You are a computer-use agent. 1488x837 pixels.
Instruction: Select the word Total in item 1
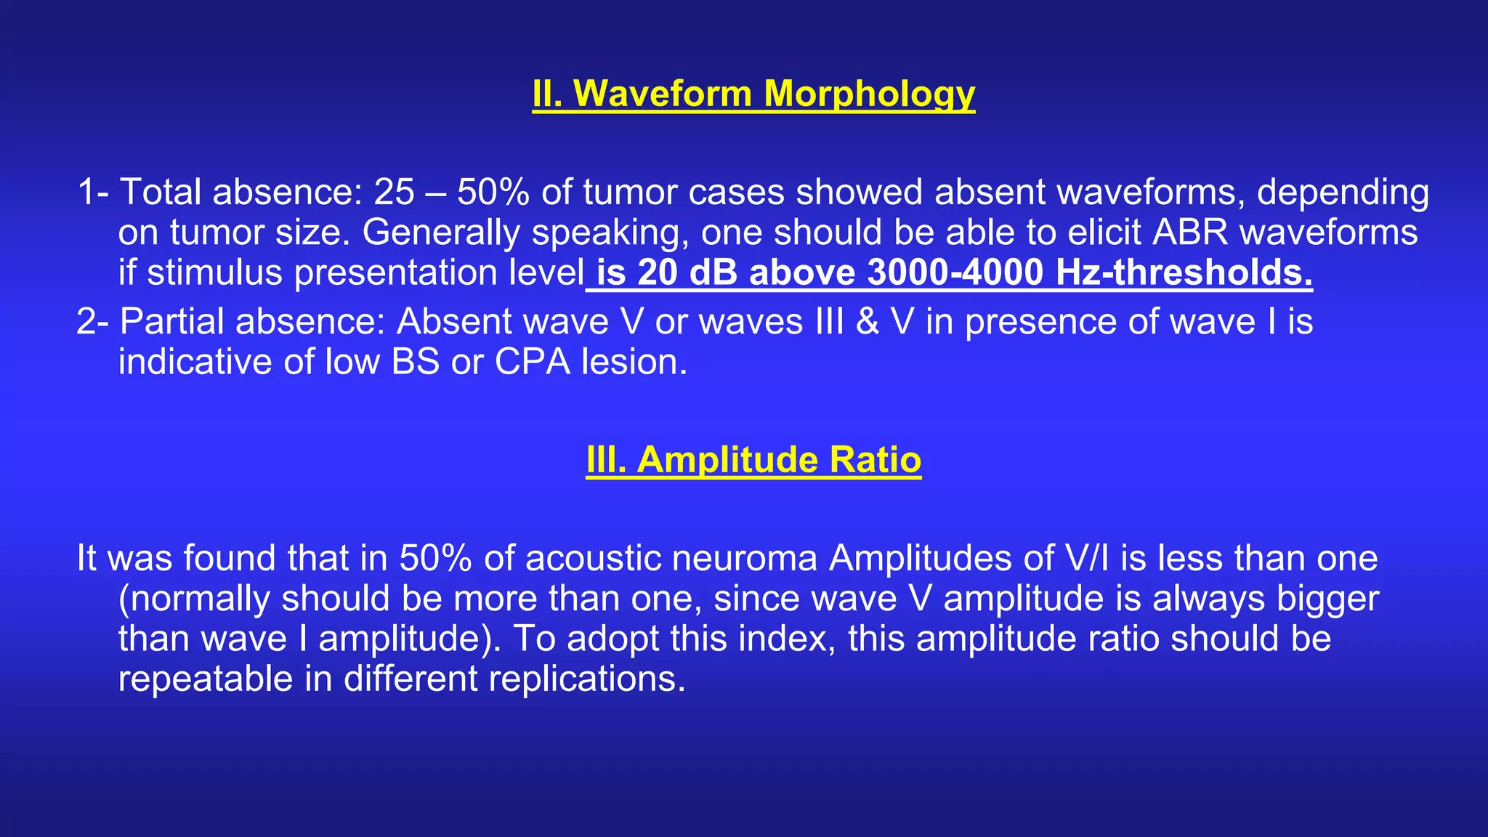pos(161,193)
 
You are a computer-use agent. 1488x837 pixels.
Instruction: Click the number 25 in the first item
pos(394,193)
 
